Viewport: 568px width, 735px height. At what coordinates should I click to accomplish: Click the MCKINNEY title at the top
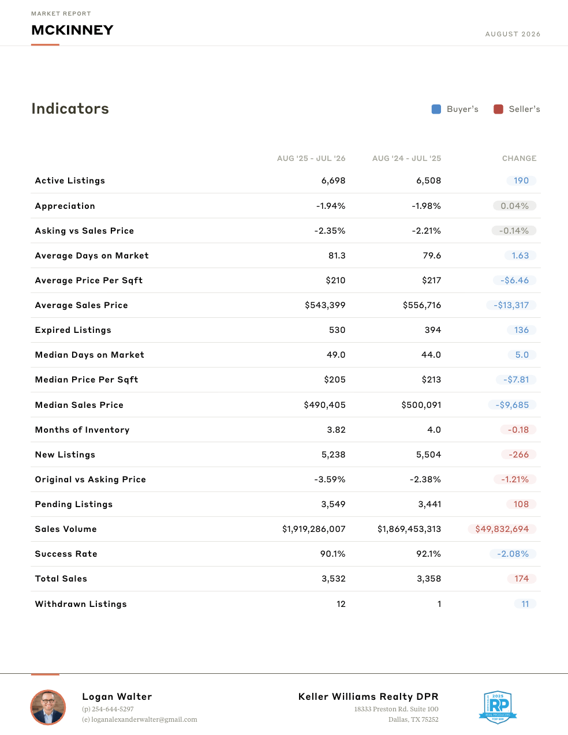tap(72, 30)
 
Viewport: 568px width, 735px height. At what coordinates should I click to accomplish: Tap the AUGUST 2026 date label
tap(513, 34)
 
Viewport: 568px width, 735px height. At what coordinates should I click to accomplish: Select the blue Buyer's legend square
tap(436, 109)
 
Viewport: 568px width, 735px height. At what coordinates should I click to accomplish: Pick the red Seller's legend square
tap(498, 109)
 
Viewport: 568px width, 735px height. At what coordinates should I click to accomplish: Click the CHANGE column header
tap(520, 158)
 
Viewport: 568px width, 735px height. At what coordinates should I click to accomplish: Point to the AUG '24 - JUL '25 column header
tap(406, 158)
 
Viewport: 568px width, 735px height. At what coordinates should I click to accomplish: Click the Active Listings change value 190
tap(521, 181)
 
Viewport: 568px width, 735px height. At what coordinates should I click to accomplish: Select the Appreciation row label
tap(65, 206)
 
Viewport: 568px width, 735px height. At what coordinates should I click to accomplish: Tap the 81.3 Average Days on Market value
tap(337, 256)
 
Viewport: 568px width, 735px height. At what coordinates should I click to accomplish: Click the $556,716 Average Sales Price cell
tap(422, 305)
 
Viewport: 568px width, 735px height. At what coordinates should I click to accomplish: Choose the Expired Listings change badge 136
tap(521, 330)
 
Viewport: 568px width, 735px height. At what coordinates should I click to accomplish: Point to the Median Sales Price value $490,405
tap(324, 405)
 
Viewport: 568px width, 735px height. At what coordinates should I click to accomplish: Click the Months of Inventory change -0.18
tap(518, 430)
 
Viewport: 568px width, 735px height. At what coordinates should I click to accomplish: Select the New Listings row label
tap(65, 455)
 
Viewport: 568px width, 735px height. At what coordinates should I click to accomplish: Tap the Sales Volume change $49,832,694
tap(502, 529)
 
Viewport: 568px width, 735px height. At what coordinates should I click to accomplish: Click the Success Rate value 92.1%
tap(429, 554)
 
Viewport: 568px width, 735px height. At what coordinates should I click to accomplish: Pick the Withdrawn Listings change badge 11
tap(525, 604)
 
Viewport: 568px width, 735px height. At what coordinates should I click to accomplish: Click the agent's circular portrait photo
tap(48, 707)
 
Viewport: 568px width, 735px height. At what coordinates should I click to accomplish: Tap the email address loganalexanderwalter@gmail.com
tap(144, 719)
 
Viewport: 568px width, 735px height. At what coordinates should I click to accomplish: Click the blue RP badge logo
tap(498, 707)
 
